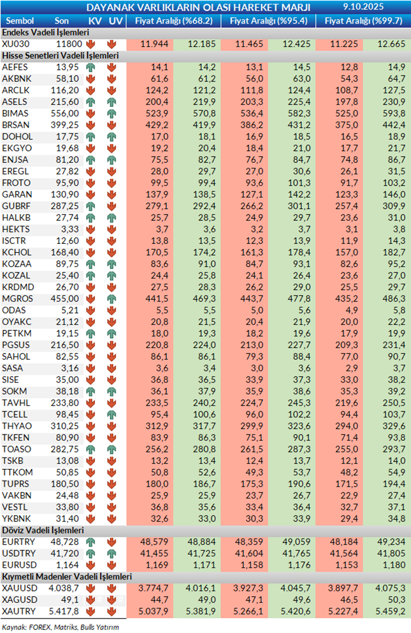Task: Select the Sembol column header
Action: pyautogui.click(x=20, y=21)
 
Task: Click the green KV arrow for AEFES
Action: pyautogui.click(x=91, y=67)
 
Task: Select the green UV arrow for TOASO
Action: pyautogui.click(x=112, y=449)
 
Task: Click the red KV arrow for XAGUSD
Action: pyautogui.click(x=91, y=600)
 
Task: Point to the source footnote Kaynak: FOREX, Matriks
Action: pyautogui.click(x=60, y=627)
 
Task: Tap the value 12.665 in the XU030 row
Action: pyautogui.click(x=390, y=44)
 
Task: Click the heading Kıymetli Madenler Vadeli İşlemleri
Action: pyautogui.click(x=67, y=576)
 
